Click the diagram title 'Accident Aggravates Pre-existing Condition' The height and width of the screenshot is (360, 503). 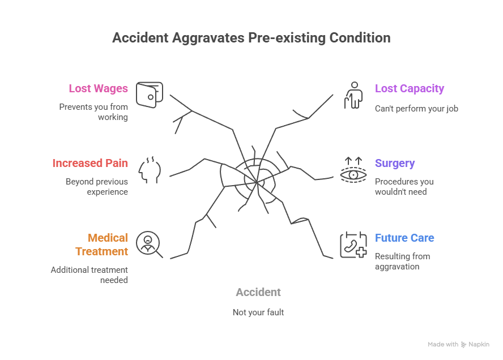pos(251,38)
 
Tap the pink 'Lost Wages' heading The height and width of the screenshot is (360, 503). pos(98,89)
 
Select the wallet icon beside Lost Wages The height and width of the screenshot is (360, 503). pos(150,95)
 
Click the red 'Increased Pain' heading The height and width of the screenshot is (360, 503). pos(90,164)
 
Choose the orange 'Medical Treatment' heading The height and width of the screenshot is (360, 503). pos(108,245)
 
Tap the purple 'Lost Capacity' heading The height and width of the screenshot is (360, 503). pos(409,89)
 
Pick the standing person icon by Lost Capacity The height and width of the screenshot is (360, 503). pos(353,95)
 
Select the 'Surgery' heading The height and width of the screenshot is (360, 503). pos(395,164)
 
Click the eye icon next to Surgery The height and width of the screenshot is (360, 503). pos(353,171)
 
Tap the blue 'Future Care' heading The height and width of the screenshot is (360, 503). pos(404,238)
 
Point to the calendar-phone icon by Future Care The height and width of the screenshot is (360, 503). pos(353,245)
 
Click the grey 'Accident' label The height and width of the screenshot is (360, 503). pos(258,293)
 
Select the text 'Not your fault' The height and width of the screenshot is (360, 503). pos(258,312)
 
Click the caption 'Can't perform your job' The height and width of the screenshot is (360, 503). pos(416,108)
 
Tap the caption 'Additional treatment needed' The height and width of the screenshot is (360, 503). pos(89,275)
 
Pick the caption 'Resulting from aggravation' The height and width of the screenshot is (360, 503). pos(402,262)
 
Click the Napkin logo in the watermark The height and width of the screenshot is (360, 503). pos(464,344)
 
